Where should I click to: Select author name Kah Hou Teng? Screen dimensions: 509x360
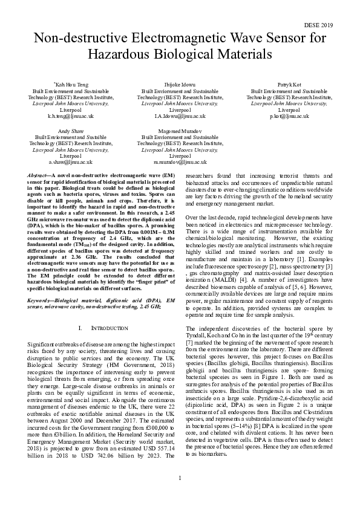click(x=72, y=85)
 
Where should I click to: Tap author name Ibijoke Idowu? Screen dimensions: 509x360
click(x=180, y=85)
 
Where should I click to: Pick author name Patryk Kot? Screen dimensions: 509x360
click(x=289, y=85)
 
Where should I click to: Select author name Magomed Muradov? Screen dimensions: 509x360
click(x=180, y=131)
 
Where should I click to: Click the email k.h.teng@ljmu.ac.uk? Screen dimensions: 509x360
click(x=71, y=115)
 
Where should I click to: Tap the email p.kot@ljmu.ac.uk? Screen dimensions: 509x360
click(x=289, y=115)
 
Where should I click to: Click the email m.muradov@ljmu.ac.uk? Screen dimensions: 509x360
click(x=180, y=162)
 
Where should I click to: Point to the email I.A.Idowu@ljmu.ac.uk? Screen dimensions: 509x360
click(x=180, y=115)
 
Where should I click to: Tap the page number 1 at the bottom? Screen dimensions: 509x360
click(x=180, y=495)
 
